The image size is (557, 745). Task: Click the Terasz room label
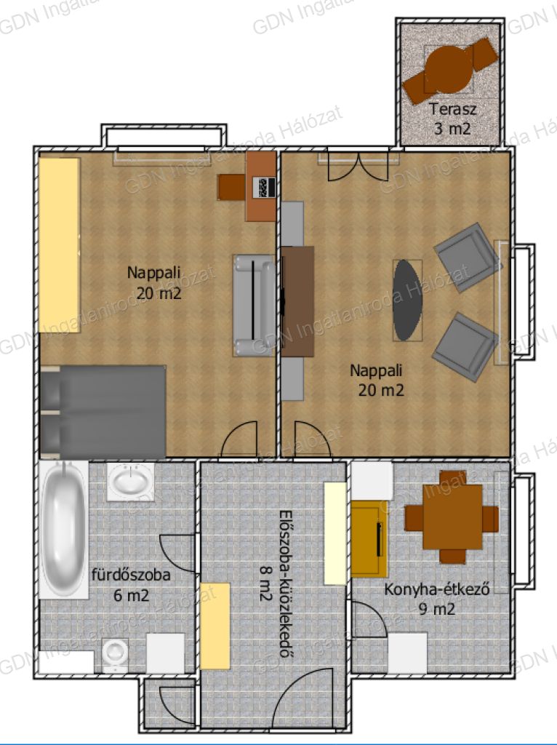pyautogui.click(x=452, y=109)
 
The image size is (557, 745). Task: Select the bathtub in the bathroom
pyautogui.click(x=63, y=528)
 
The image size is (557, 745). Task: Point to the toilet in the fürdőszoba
pyautogui.click(x=116, y=654)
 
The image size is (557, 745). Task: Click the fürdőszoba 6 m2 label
pyautogui.click(x=131, y=584)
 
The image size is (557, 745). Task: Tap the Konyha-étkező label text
pyautogui.click(x=437, y=589)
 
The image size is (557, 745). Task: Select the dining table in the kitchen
pyautogui.click(x=452, y=517)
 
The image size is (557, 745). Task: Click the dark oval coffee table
pyautogui.click(x=407, y=300)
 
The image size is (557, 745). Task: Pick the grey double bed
pyautogui.click(x=103, y=412)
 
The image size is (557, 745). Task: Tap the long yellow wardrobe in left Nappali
pyautogui.click(x=60, y=245)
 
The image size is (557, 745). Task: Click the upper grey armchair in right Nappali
pyautogui.click(x=468, y=257)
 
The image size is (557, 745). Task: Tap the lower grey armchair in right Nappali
pyautogui.click(x=465, y=347)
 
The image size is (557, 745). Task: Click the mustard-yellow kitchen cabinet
pyautogui.click(x=369, y=539)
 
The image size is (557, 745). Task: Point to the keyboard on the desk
pyautogui.click(x=263, y=187)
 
